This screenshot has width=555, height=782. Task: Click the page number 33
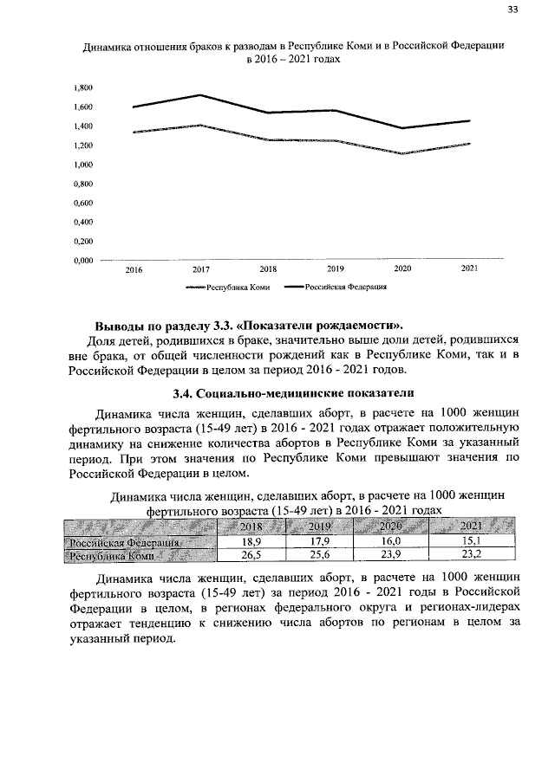click(513, 10)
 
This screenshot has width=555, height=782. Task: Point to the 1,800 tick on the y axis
click(82, 88)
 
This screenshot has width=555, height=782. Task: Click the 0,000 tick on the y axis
click(82, 260)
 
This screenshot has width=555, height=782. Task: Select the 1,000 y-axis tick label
click(82, 165)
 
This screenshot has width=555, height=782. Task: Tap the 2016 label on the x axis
click(134, 271)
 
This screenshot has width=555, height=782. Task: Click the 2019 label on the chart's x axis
click(336, 270)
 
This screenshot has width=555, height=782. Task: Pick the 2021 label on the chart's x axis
click(469, 270)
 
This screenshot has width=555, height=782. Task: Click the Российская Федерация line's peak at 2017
click(200, 95)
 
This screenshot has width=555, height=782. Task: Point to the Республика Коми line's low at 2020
click(402, 153)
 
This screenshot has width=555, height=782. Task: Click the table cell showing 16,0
click(391, 541)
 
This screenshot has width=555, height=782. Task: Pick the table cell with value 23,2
click(472, 555)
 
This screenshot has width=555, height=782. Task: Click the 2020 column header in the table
click(391, 527)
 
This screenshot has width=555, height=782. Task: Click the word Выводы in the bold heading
click(123, 326)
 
